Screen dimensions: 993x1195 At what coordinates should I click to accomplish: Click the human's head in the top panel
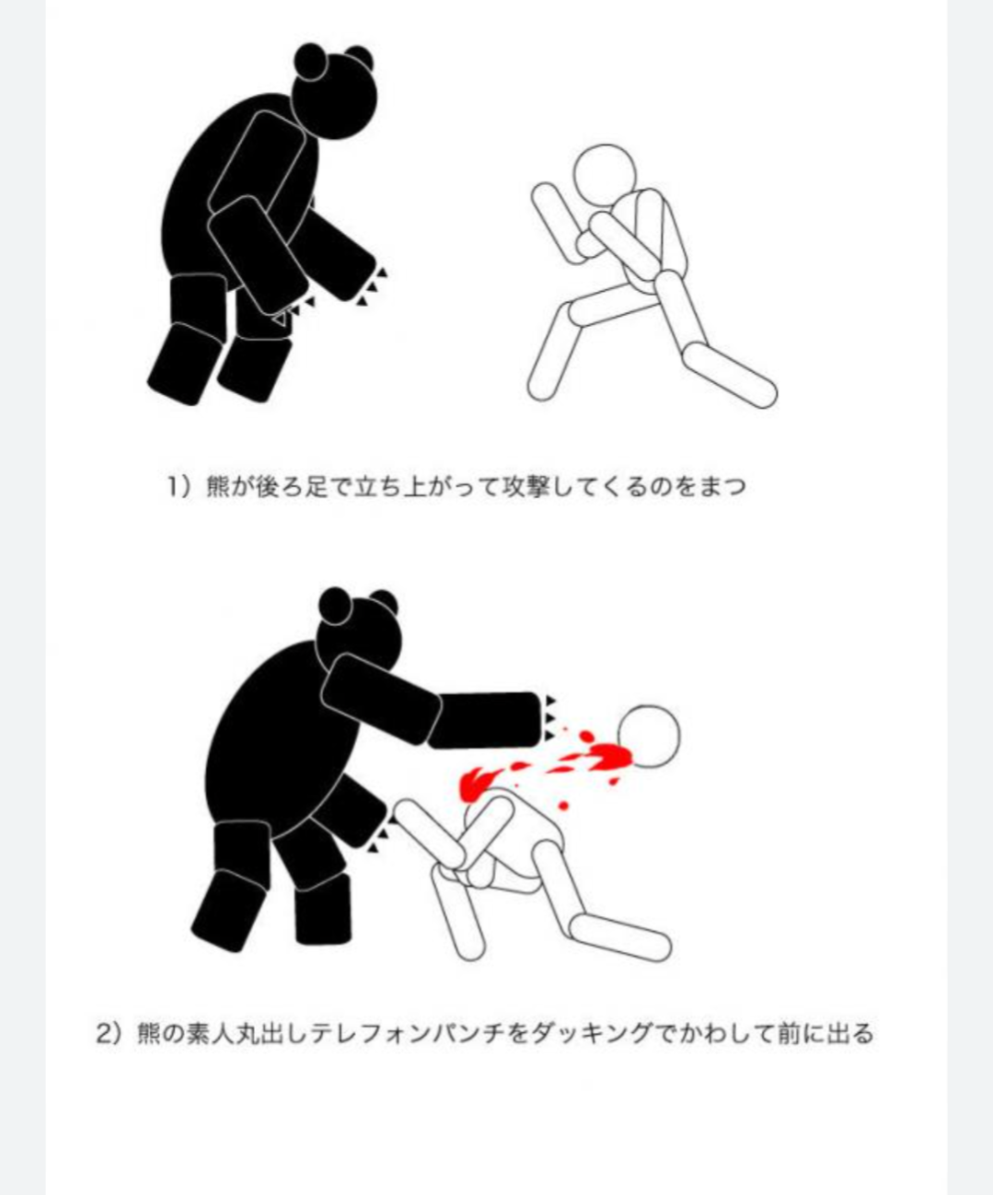[x=606, y=175]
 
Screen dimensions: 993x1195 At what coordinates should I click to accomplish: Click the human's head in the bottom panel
[x=649, y=737]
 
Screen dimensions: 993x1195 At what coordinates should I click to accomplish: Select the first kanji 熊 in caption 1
[x=218, y=487]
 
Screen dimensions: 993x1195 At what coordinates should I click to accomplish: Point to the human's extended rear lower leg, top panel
[x=731, y=375]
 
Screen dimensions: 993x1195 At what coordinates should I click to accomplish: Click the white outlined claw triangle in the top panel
[x=280, y=319]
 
